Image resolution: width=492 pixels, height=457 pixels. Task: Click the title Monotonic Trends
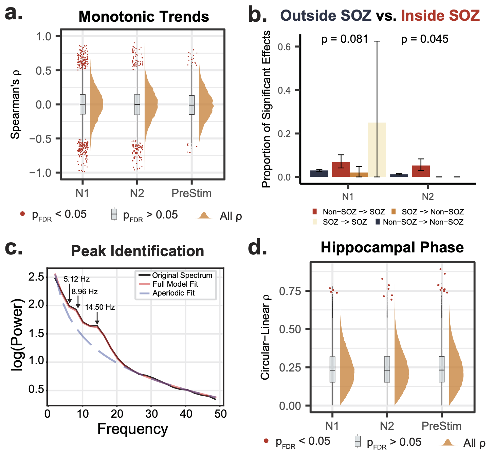(144, 17)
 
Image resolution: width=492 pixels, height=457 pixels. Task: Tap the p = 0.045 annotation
(424, 39)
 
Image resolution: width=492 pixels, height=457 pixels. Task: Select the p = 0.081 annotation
(345, 39)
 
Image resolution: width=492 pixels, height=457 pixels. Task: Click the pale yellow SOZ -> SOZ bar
(377, 150)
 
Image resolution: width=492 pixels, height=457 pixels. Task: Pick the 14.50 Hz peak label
(100, 307)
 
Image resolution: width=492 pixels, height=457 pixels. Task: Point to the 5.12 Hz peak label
(77, 279)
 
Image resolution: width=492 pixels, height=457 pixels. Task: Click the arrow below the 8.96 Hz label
(78, 303)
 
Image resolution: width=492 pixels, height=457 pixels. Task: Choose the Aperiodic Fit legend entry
(173, 293)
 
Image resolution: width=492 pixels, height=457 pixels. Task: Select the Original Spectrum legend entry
(182, 275)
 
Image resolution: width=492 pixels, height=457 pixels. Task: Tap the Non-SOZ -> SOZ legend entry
(353, 212)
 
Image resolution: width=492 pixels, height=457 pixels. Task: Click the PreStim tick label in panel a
(192, 193)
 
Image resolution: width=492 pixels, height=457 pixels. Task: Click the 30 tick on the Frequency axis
(151, 414)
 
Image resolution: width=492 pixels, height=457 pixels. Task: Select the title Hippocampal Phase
(392, 247)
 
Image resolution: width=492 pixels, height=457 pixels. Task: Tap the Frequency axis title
(132, 429)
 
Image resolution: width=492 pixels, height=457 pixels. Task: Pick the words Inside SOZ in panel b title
(440, 16)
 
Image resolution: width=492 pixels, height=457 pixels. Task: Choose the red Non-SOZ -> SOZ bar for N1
(341, 169)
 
